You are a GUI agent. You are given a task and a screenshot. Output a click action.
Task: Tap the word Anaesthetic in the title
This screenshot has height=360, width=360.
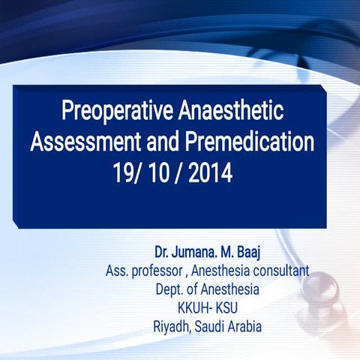233,113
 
